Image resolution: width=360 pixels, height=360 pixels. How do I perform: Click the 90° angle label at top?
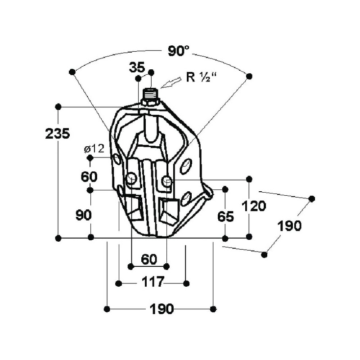179,51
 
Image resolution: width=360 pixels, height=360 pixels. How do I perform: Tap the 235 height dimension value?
58,134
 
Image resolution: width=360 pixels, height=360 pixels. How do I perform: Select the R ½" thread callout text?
201,77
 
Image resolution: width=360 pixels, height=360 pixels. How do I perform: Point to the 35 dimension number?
136,68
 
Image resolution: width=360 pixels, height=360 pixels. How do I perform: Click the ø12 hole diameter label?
94,148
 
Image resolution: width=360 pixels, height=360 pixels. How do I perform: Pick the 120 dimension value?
254,206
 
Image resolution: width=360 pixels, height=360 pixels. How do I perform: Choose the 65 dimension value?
225,216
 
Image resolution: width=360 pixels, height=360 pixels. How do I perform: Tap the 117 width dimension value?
153,283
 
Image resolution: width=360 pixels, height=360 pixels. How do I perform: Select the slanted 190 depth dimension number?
289,225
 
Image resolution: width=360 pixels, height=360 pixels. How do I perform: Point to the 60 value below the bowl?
148,260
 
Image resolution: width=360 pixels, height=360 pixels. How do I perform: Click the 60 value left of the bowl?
90,176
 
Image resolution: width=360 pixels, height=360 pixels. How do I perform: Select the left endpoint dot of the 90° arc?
72,72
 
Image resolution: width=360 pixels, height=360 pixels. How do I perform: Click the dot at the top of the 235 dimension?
58,107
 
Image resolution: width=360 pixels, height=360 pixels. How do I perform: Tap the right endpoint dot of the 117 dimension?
187,283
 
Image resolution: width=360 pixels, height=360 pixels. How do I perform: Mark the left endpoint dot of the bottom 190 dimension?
107,309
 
